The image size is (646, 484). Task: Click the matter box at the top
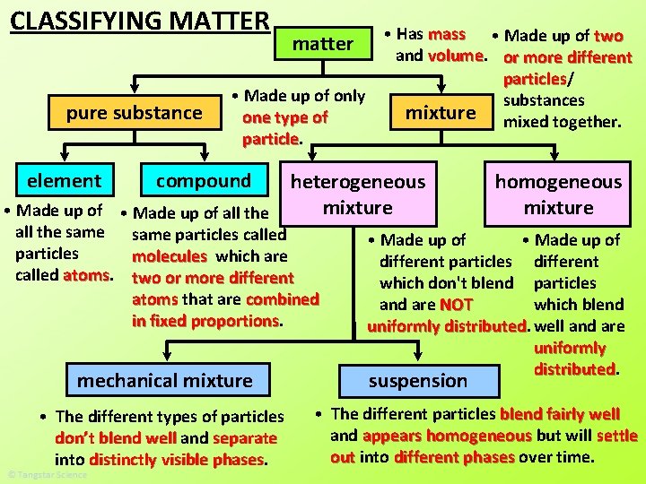coord(323,43)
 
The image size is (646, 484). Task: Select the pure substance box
coord(135,113)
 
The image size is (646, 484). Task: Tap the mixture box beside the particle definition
coord(441,113)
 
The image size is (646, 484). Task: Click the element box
coord(64,180)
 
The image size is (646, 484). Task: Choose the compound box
coord(204,180)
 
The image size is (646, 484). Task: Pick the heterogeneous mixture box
coord(358,194)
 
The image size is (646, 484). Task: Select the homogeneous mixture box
coord(558,194)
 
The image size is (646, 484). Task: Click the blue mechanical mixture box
coord(165,380)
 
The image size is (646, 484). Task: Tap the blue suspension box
coord(418,380)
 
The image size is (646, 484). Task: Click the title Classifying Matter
coord(140,20)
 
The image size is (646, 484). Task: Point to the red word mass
coord(447,34)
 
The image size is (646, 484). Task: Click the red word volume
coord(456,56)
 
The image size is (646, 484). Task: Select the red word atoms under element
coord(86,275)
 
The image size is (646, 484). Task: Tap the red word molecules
coord(170,256)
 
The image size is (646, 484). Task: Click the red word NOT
coord(456,305)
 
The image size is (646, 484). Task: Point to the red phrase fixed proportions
coord(205,321)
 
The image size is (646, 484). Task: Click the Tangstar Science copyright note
coord(47,474)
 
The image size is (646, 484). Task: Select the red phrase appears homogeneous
coord(447,436)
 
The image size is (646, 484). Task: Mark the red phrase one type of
coord(285,117)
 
